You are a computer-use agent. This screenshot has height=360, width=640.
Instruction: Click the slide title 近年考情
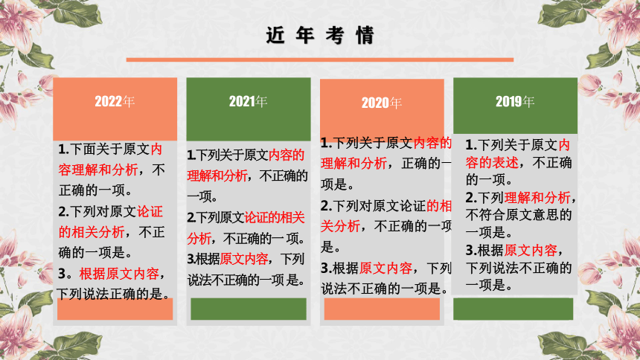(320, 35)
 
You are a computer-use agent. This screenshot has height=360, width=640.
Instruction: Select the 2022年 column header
(115, 101)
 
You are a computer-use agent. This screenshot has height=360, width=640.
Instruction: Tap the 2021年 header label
(248, 101)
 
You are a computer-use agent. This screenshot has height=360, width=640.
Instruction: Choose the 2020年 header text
(382, 103)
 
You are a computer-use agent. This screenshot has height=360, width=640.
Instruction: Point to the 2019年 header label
(515, 101)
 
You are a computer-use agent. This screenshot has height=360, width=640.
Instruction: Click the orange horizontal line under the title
(320, 60)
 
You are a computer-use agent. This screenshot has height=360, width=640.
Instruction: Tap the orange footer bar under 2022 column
(115, 309)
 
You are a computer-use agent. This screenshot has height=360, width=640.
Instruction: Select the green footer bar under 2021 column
(249, 309)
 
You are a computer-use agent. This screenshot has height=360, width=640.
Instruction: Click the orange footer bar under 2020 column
(382, 309)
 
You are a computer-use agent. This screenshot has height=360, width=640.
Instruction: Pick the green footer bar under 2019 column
(513, 309)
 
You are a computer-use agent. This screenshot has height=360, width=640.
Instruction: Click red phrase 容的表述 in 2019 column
(492, 162)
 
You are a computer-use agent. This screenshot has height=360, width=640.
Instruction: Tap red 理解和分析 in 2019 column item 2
(537, 198)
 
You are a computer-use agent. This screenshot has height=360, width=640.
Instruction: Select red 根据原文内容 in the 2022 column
(119, 274)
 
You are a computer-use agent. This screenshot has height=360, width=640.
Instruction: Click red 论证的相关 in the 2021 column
(275, 217)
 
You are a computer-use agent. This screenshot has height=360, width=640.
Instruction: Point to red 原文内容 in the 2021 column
(244, 259)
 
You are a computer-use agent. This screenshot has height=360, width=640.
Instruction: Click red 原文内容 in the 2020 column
(385, 268)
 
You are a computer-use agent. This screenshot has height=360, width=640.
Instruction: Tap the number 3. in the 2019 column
(471, 250)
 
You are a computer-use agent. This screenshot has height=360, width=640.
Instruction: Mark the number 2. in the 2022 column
(64, 211)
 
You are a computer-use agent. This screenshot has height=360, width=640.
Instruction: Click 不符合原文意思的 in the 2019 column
(519, 215)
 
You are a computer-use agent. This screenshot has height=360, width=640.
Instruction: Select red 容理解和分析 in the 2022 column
(98, 170)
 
